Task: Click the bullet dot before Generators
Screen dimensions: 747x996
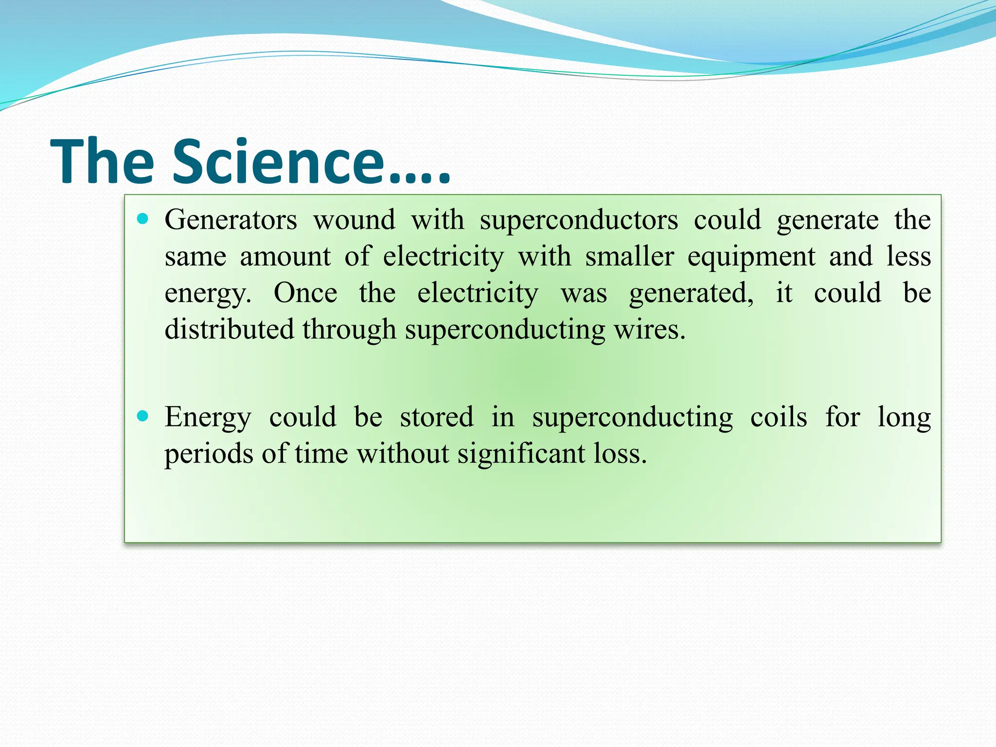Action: coord(142,219)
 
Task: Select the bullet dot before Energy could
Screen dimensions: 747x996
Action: coord(142,416)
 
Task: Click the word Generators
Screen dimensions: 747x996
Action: coord(231,220)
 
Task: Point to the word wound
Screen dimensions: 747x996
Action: coord(354,220)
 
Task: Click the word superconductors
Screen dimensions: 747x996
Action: coord(579,221)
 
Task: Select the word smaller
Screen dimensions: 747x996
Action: coord(629,256)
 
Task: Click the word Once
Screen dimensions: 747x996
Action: coord(305,293)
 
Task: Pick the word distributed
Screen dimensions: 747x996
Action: coord(229,329)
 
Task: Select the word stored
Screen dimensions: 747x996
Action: coord(436,417)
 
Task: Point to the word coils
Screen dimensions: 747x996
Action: coord(779,417)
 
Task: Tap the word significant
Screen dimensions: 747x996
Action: coord(521,455)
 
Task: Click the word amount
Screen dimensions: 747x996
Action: coord(285,256)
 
